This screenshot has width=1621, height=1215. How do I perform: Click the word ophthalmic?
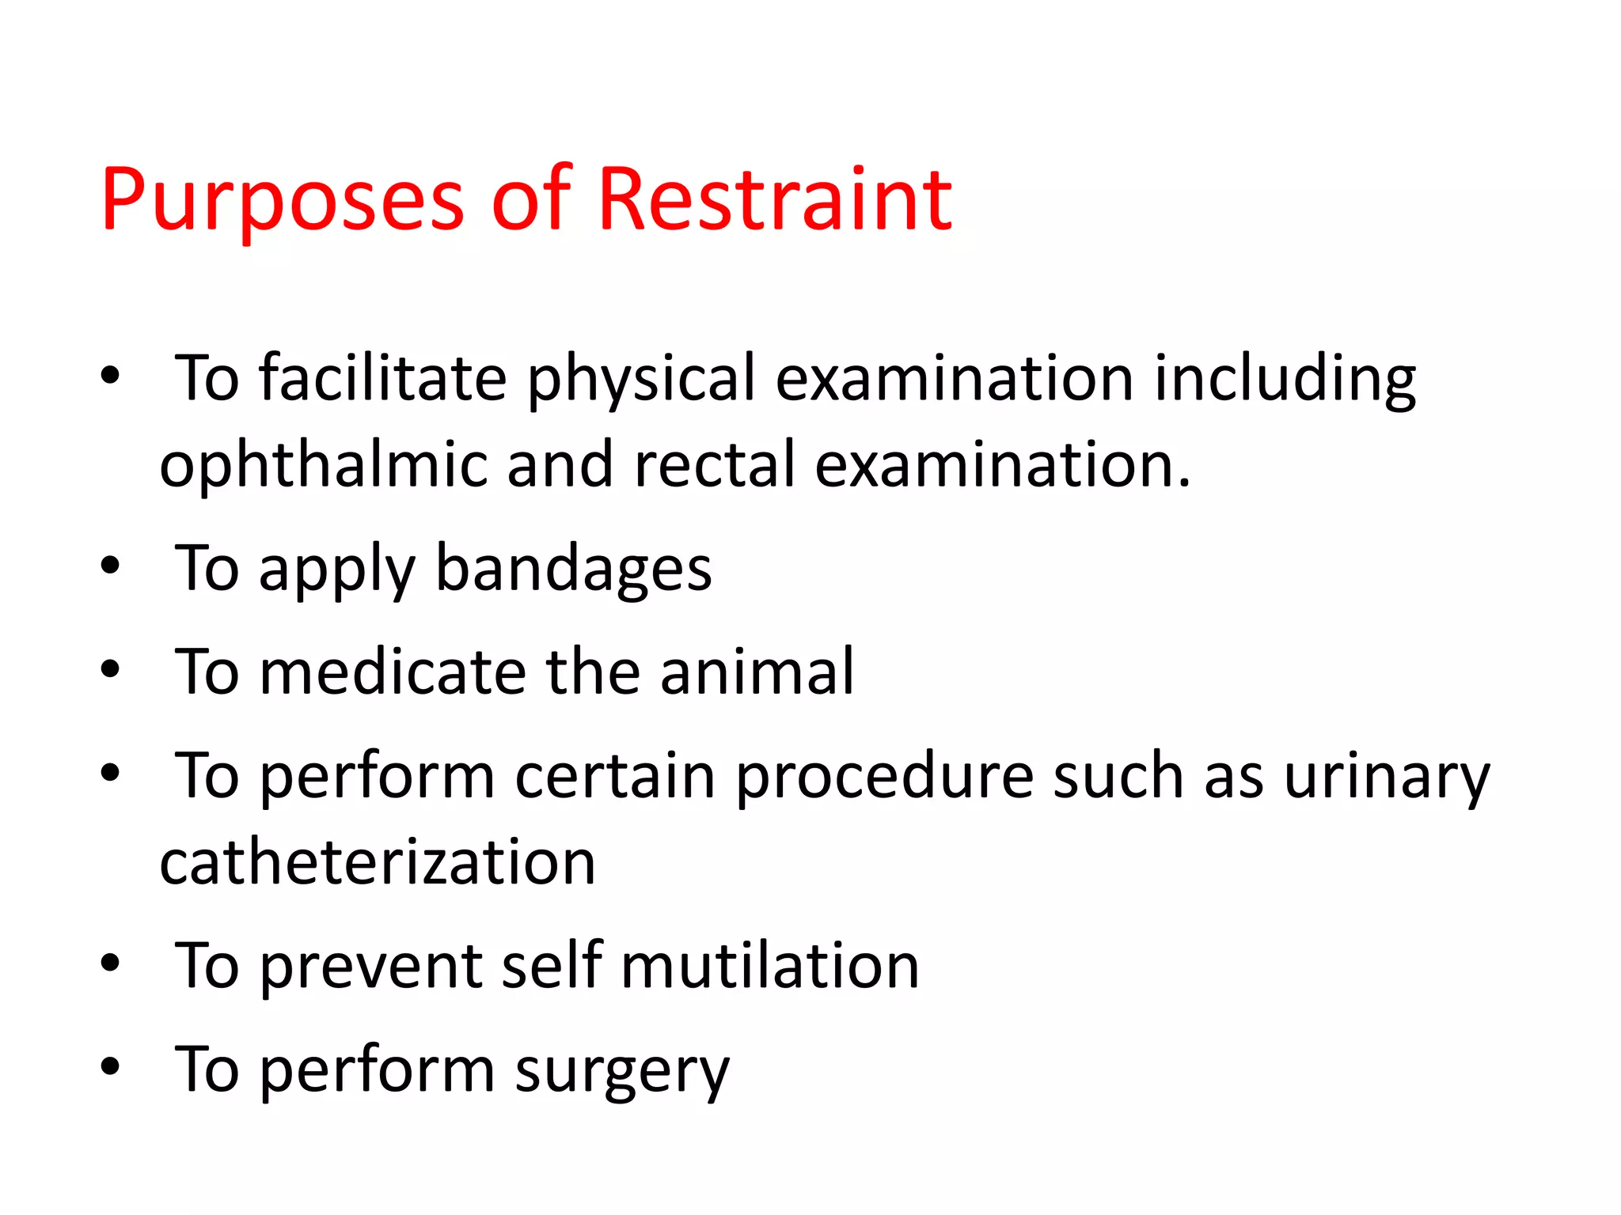[323, 465]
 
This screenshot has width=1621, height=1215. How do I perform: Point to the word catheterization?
[377, 862]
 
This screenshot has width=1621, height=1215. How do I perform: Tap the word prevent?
[370, 967]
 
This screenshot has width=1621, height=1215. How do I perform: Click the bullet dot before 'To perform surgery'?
[110, 1066]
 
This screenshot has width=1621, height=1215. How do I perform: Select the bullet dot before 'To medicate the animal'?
[110, 669]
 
